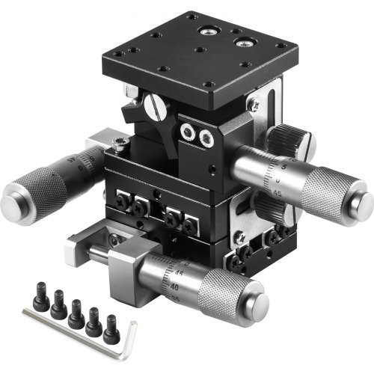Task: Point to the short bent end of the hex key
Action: coord(131,329)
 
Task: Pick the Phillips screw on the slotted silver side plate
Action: coord(254,105)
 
